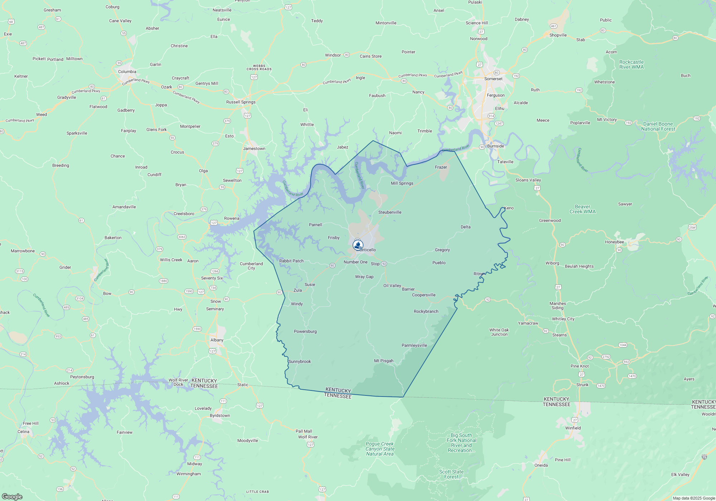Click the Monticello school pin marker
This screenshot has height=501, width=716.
click(x=358, y=245)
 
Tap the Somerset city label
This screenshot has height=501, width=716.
click(x=493, y=79)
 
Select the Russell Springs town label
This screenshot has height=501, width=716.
click(x=241, y=102)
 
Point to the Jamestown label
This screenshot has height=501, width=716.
click(x=254, y=149)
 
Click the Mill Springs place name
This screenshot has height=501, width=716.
click(x=402, y=183)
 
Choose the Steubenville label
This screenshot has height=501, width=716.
click(x=390, y=212)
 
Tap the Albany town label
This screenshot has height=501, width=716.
click(x=217, y=340)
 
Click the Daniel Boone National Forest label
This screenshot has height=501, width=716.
click(x=658, y=126)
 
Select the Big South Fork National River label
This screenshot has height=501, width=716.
click(x=461, y=443)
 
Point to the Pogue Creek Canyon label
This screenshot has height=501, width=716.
click(x=380, y=449)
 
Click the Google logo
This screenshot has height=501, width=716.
click(x=12, y=496)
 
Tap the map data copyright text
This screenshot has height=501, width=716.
click(x=694, y=498)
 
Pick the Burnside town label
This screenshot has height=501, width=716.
click(x=495, y=146)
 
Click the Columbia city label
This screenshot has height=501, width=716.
click(x=127, y=72)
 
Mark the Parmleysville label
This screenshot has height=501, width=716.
click(x=414, y=345)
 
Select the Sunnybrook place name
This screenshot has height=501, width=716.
click(x=300, y=361)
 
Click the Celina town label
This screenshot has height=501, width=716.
click(x=24, y=432)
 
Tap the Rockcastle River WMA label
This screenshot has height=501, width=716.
click(x=632, y=64)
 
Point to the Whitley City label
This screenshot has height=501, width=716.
click(x=563, y=319)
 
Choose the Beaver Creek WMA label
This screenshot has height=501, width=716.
click(x=582, y=209)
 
